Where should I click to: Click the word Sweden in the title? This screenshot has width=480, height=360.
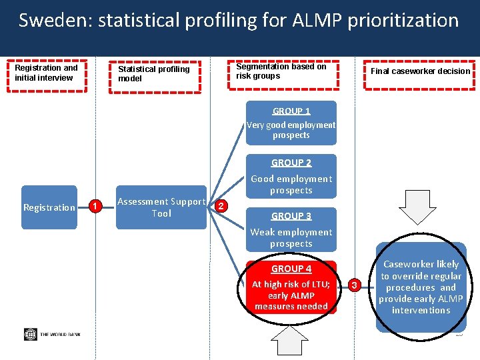click(55, 21)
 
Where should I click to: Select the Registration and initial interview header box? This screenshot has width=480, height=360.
click(47, 73)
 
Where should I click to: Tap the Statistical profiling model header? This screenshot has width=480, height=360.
click(154, 73)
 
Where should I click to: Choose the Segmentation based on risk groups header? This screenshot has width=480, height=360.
click(281, 71)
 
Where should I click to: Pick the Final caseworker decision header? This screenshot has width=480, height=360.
click(420, 71)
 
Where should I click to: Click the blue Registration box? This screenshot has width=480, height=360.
click(49, 207)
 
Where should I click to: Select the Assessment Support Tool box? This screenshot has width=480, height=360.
click(161, 207)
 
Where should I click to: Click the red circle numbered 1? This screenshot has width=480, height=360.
click(95, 207)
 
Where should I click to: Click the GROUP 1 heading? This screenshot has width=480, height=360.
click(291, 111)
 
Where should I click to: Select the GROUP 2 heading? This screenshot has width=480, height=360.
click(291, 163)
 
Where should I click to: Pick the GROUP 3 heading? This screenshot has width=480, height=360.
click(291, 216)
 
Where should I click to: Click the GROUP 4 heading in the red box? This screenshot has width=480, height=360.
click(291, 269)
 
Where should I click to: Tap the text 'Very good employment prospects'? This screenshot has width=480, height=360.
click(291, 130)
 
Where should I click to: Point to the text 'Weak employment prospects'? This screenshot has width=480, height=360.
click(291, 238)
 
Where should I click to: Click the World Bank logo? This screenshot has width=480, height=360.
click(52, 334)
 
